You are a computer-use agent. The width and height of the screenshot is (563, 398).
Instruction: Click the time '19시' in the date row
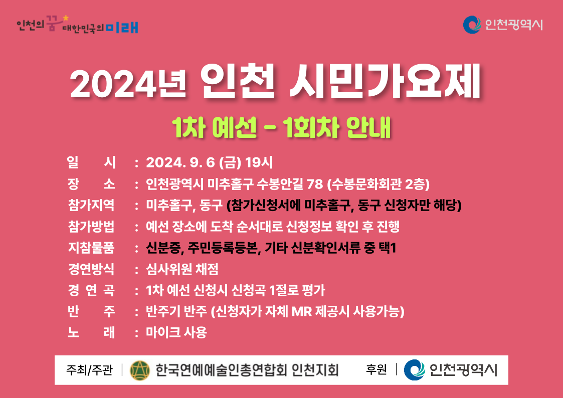pos(259,163)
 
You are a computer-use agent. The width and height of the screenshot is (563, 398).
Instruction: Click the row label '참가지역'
pos(91,206)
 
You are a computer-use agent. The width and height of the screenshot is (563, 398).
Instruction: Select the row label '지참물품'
pos(91,248)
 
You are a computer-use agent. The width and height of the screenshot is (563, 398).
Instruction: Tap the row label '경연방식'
pos(91,269)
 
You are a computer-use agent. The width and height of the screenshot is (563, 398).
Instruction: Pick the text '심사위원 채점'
pos(182,269)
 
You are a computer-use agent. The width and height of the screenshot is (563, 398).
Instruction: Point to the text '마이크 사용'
pos(176,332)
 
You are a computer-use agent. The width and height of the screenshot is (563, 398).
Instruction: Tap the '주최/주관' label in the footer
pos(89,369)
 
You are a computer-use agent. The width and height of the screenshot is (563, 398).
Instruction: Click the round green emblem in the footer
pos(140,370)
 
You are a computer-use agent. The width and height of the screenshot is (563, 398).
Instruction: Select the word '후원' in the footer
pos(377,369)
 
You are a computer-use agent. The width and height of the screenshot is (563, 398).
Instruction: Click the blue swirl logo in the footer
pos(415,369)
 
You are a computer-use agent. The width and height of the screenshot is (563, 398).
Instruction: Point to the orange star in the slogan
pos(65,18)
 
